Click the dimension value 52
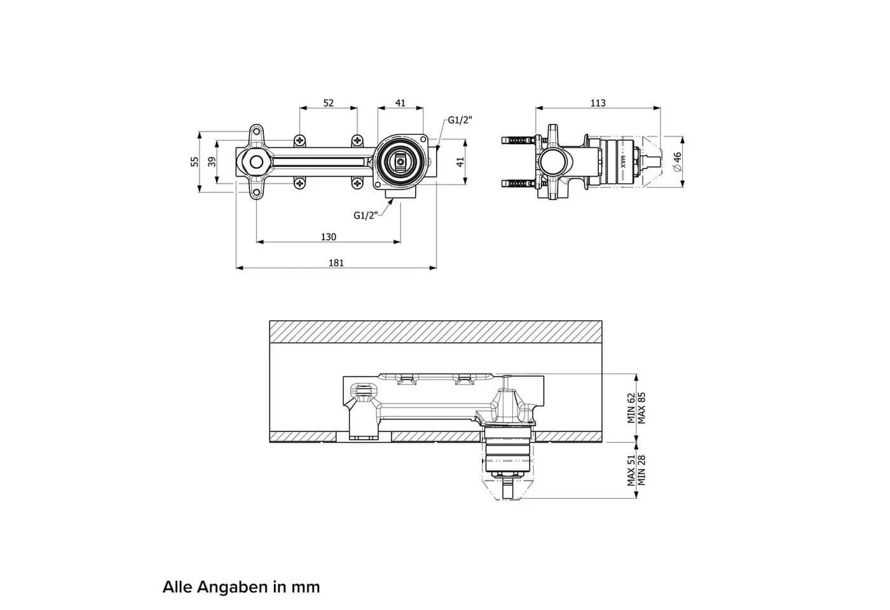[328, 103]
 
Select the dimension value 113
[598, 103]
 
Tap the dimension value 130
[328, 237]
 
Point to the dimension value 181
[336, 263]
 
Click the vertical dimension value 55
[195, 161]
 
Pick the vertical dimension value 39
[212, 161]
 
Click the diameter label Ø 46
[678, 161]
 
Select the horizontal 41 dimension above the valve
[400, 103]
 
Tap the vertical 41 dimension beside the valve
[460, 162]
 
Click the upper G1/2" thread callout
[460, 120]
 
